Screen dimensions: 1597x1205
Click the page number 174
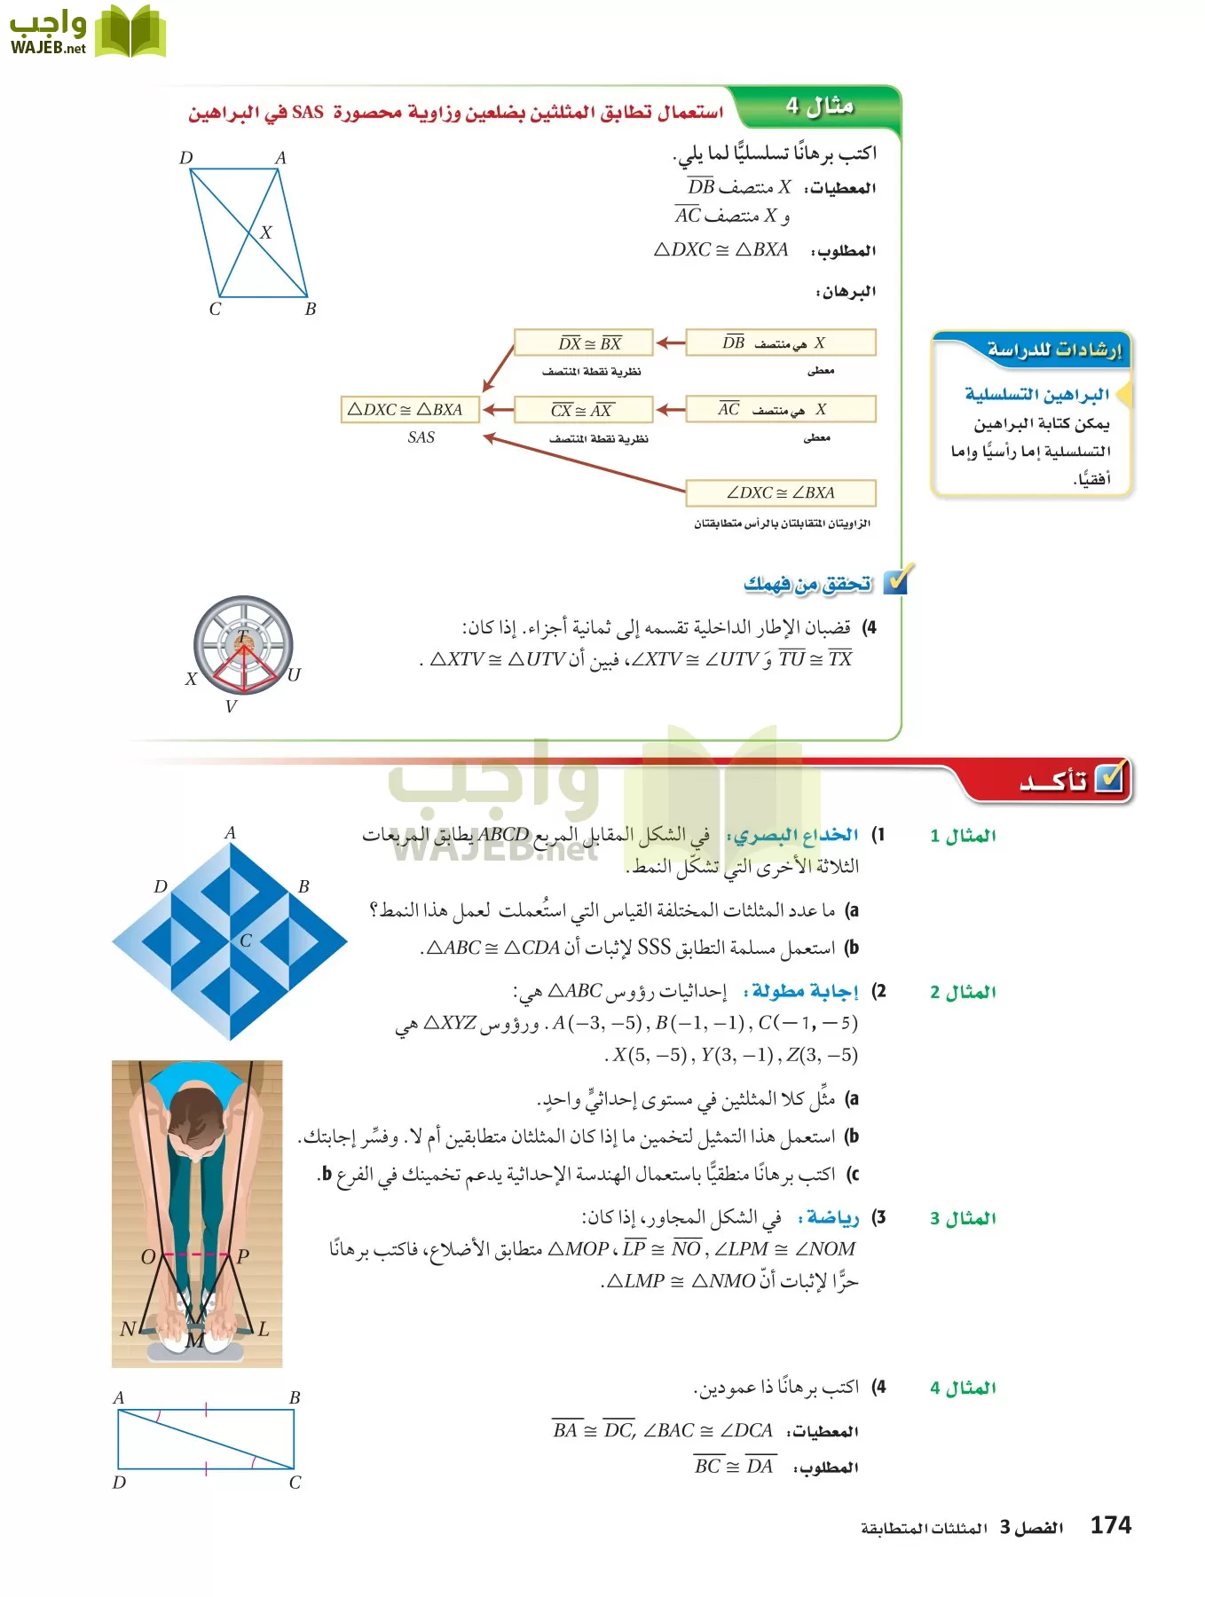click(x=1110, y=1525)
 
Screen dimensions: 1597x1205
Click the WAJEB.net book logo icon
click(x=130, y=32)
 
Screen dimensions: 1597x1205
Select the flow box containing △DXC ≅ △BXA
click(x=409, y=409)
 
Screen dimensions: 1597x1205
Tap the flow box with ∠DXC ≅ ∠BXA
click(x=780, y=492)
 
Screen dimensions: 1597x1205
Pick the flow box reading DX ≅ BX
click(x=584, y=342)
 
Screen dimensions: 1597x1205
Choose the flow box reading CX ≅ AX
click(x=584, y=410)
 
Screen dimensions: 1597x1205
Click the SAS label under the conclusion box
click(x=421, y=437)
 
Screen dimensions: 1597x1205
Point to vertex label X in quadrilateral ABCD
click(x=265, y=232)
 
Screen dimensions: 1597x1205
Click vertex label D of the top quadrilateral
click(x=185, y=158)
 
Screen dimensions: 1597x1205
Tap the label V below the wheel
click(x=231, y=707)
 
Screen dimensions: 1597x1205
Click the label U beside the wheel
click(x=294, y=675)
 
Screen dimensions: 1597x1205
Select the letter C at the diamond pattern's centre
click(x=246, y=941)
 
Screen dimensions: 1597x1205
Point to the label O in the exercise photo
click(x=148, y=1256)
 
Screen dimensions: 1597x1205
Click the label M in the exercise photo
click(x=194, y=1341)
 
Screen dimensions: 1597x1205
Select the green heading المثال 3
click(x=963, y=1218)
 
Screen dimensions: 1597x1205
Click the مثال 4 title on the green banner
click(x=819, y=106)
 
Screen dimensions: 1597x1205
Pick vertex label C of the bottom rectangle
click(x=295, y=1483)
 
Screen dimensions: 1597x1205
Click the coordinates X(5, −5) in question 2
click(x=649, y=1055)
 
